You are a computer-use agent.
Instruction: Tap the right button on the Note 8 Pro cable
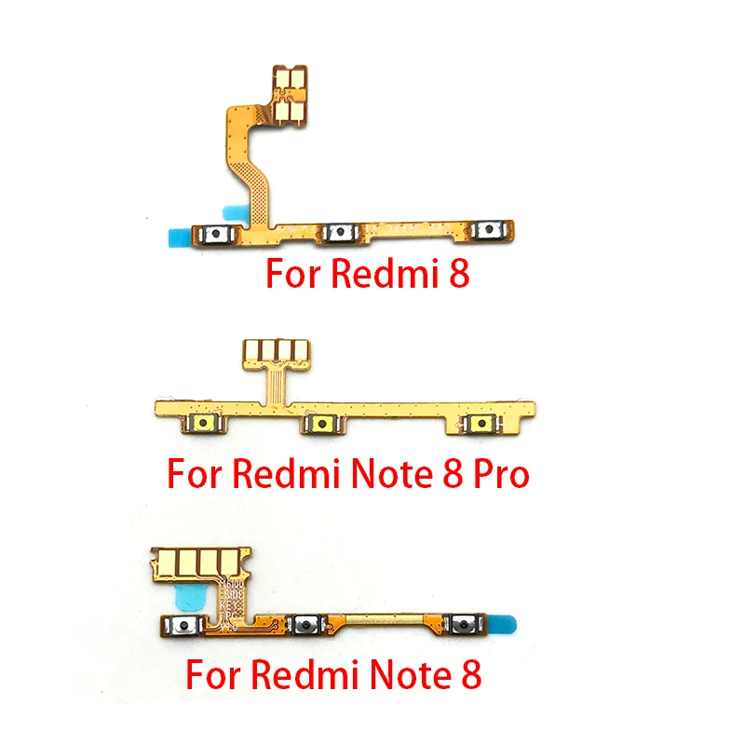[481, 424]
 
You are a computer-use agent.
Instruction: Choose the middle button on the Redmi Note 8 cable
[305, 626]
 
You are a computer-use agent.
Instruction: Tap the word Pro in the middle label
[497, 474]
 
